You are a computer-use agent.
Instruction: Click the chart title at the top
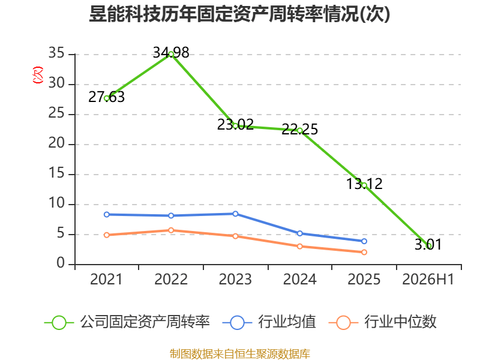tap(239, 14)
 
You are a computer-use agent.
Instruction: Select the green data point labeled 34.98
tap(171, 55)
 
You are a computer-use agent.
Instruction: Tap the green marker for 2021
tap(107, 98)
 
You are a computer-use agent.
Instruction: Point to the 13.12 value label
tap(364, 184)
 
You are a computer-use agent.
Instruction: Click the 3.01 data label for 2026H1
tap(428, 244)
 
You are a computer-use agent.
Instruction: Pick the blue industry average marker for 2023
tap(235, 214)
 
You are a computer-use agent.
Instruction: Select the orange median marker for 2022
tap(171, 230)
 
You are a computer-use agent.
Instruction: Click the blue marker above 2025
tap(364, 241)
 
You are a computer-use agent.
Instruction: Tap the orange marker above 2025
tap(364, 252)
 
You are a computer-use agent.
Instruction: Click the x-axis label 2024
tap(299, 279)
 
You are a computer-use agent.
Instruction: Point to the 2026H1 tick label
tap(428, 279)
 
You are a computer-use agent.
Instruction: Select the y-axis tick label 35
tap(56, 53)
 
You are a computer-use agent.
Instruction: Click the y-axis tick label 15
tap(56, 173)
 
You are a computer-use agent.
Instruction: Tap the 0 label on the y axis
tap(61, 263)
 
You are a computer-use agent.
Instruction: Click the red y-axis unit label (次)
tap(38, 75)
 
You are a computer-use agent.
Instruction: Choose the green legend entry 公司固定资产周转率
tap(127, 322)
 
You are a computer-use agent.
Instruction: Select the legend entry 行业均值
tap(269, 322)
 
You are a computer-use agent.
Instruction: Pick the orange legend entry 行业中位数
tap(382, 322)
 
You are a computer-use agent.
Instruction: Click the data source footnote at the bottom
tap(240, 354)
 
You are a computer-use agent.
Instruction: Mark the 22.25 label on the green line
tap(299, 129)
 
